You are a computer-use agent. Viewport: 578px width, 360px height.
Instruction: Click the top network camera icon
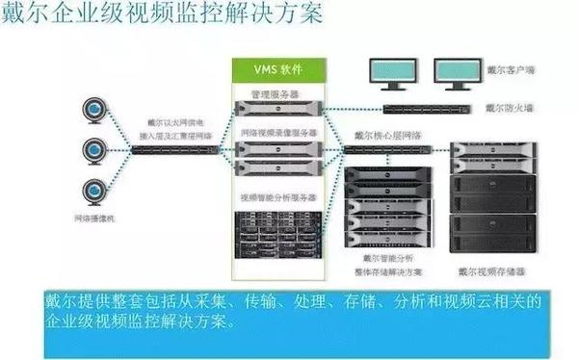[95, 106]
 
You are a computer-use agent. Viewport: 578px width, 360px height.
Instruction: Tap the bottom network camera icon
[95, 189]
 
